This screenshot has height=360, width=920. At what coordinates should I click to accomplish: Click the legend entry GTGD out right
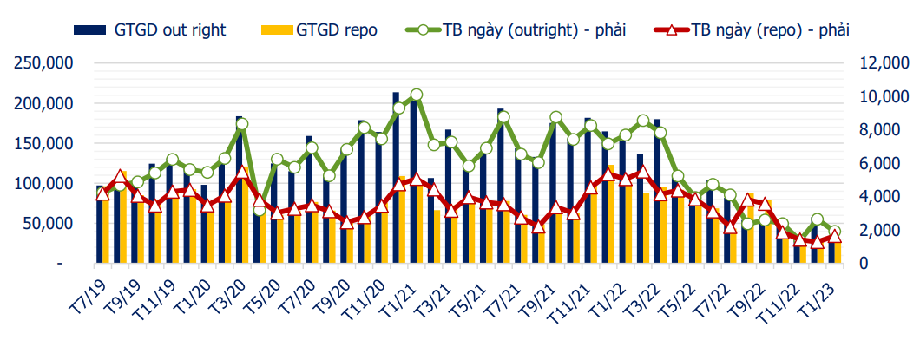[x=169, y=30]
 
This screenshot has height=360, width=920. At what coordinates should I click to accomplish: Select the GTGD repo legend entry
[x=336, y=30]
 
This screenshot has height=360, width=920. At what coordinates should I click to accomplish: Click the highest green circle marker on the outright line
[x=416, y=95]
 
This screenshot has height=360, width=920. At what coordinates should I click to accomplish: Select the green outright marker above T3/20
[x=242, y=124]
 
